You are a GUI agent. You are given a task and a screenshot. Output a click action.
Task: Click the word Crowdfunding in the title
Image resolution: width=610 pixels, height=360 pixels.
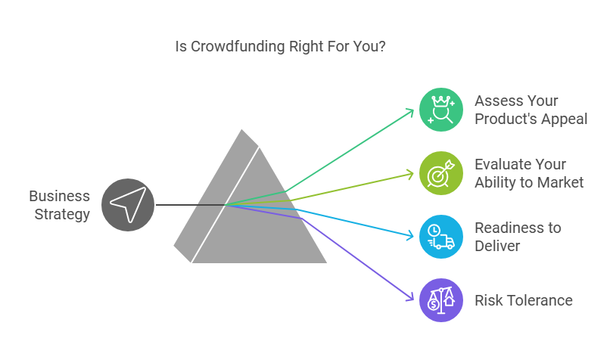click(x=238, y=47)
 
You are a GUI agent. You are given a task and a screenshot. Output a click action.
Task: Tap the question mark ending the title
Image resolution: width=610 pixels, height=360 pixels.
click(x=381, y=46)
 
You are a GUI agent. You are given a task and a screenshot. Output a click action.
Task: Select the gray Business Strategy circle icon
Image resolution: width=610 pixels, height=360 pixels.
click(x=128, y=205)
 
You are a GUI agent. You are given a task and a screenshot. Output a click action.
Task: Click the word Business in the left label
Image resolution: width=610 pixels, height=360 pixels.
click(x=60, y=196)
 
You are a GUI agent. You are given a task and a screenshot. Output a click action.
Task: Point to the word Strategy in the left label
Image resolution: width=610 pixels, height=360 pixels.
click(x=62, y=215)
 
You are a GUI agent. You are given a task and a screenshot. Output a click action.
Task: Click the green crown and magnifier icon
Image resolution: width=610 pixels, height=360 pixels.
click(x=441, y=110)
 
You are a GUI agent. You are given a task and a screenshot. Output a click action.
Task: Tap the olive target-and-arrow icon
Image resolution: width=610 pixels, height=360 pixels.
click(x=441, y=173)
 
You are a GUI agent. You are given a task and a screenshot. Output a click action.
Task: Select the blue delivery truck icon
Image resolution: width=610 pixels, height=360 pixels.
click(x=441, y=237)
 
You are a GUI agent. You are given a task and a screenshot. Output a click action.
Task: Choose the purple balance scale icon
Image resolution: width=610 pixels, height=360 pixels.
click(x=441, y=300)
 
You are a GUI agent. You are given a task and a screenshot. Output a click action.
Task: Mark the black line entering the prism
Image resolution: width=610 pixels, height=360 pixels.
click(x=191, y=205)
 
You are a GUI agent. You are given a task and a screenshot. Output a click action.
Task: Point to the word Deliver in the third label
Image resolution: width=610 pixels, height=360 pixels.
click(x=497, y=246)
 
